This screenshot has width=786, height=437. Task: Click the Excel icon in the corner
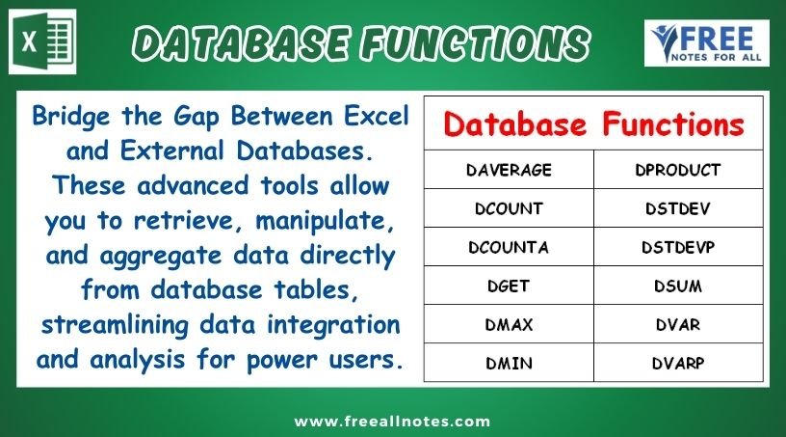(x=42, y=41)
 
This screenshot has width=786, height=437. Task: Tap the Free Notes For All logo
(x=706, y=43)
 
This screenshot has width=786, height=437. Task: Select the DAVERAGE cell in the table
(x=509, y=170)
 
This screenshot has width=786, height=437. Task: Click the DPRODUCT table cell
(x=678, y=170)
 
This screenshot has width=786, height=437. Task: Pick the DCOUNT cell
(x=509, y=208)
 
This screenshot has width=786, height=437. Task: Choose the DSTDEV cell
(x=678, y=208)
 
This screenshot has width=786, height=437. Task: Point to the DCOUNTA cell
(x=509, y=247)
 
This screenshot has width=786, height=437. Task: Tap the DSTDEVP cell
(x=678, y=247)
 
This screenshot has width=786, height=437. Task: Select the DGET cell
(x=509, y=286)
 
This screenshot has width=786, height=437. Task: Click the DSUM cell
(x=678, y=286)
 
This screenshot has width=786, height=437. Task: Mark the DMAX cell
(x=509, y=324)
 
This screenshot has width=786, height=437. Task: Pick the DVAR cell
(x=678, y=324)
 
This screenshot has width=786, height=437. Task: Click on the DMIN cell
(x=509, y=363)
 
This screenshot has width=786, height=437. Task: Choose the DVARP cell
(x=678, y=363)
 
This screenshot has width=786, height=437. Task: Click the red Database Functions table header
(x=594, y=124)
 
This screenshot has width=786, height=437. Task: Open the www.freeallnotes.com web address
(x=392, y=421)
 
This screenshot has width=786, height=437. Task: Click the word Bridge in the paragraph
(x=71, y=117)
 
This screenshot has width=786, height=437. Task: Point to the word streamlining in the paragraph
(x=116, y=325)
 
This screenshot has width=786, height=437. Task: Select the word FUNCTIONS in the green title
(x=476, y=42)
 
